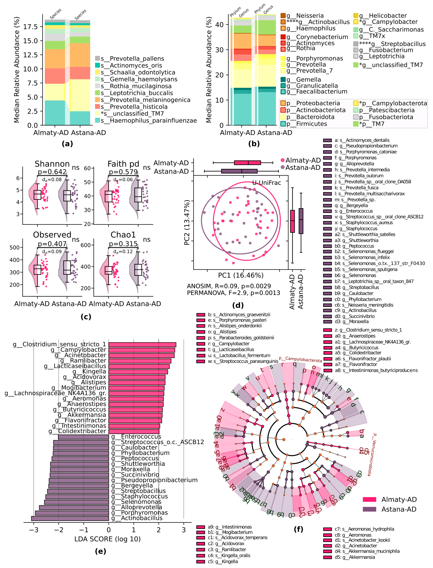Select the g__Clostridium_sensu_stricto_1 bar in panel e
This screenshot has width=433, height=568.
142,345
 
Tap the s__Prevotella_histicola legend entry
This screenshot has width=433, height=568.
134,107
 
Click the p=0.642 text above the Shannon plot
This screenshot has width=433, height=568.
52,172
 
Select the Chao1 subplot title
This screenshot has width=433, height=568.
123,235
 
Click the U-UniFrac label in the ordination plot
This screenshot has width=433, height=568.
267,183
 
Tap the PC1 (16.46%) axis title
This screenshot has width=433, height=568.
241,275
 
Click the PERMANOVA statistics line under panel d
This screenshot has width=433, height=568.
233,293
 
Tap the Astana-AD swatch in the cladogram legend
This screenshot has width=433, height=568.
369,509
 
